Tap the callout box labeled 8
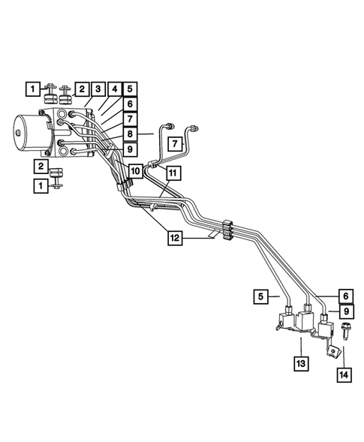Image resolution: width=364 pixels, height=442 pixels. pyautogui.click(x=129, y=134)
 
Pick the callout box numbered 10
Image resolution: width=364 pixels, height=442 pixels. pyautogui.click(x=134, y=171)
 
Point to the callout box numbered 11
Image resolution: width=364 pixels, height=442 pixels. pyautogui.click(x=173, y=173)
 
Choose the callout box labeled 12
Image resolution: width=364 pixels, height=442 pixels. pyautogui.click(x=174, y=238)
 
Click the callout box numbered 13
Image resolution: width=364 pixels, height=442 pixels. pyautogui.click(x=299, y=365)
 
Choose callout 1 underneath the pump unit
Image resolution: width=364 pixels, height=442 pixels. pyautogui.click(x=38, y=185)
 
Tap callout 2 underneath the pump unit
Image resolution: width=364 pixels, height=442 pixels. pyautogui.click(x=38, y=166)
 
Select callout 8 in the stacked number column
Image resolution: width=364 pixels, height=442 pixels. pyautogui.click(x=129, y=134)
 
